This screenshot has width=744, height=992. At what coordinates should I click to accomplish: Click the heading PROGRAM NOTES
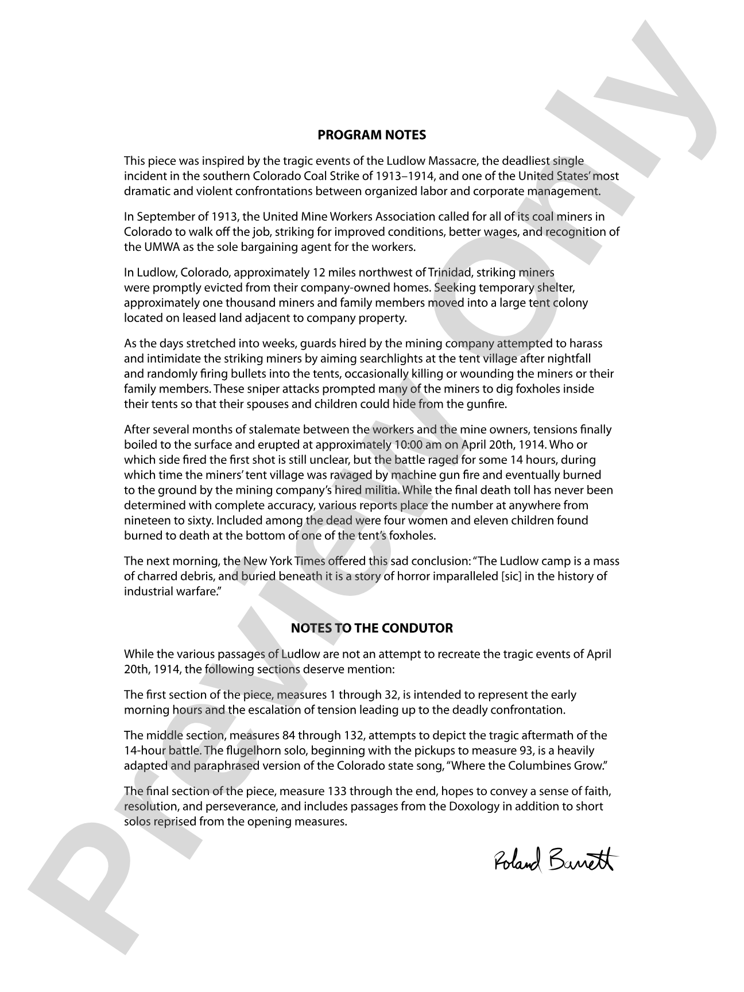coord(371,135)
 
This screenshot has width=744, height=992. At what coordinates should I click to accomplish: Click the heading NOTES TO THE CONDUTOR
coord(371,628)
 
